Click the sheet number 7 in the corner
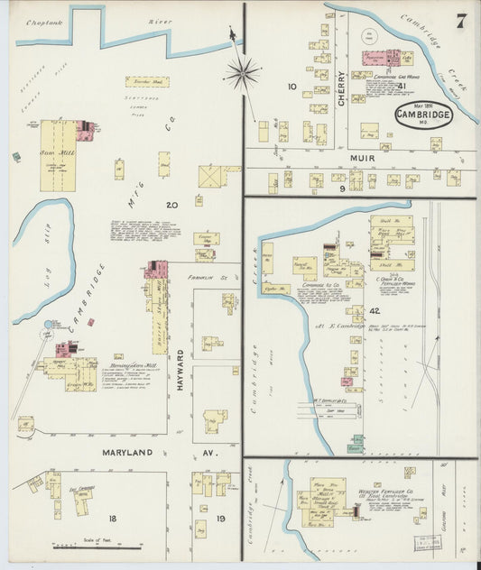pyautogui.click(x=461, y=22)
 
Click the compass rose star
pyautogui.click(x=241, y=70)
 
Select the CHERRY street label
pyautogui.click(x=341, y=90)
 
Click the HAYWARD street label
pyautogui.click(x=180, y=370)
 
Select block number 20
pyautogui.click(x=171, y=205)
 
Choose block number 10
pyautogui.click(x=291, y=87)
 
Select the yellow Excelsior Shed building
pyautogui.click(x=146, y=81)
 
